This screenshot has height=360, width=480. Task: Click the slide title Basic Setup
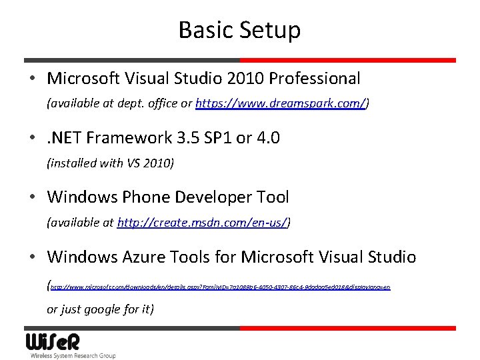[239, 30]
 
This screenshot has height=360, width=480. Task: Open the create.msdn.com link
[202, 223]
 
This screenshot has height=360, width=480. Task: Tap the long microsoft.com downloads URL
[220, 287]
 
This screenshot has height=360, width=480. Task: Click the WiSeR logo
[53, 342]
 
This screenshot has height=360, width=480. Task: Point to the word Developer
[211, 197]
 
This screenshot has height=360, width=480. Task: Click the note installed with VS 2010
[110, 163]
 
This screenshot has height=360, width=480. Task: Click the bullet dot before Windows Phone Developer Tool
[33, 198]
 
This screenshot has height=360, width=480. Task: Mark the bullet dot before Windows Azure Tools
[33, 257]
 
